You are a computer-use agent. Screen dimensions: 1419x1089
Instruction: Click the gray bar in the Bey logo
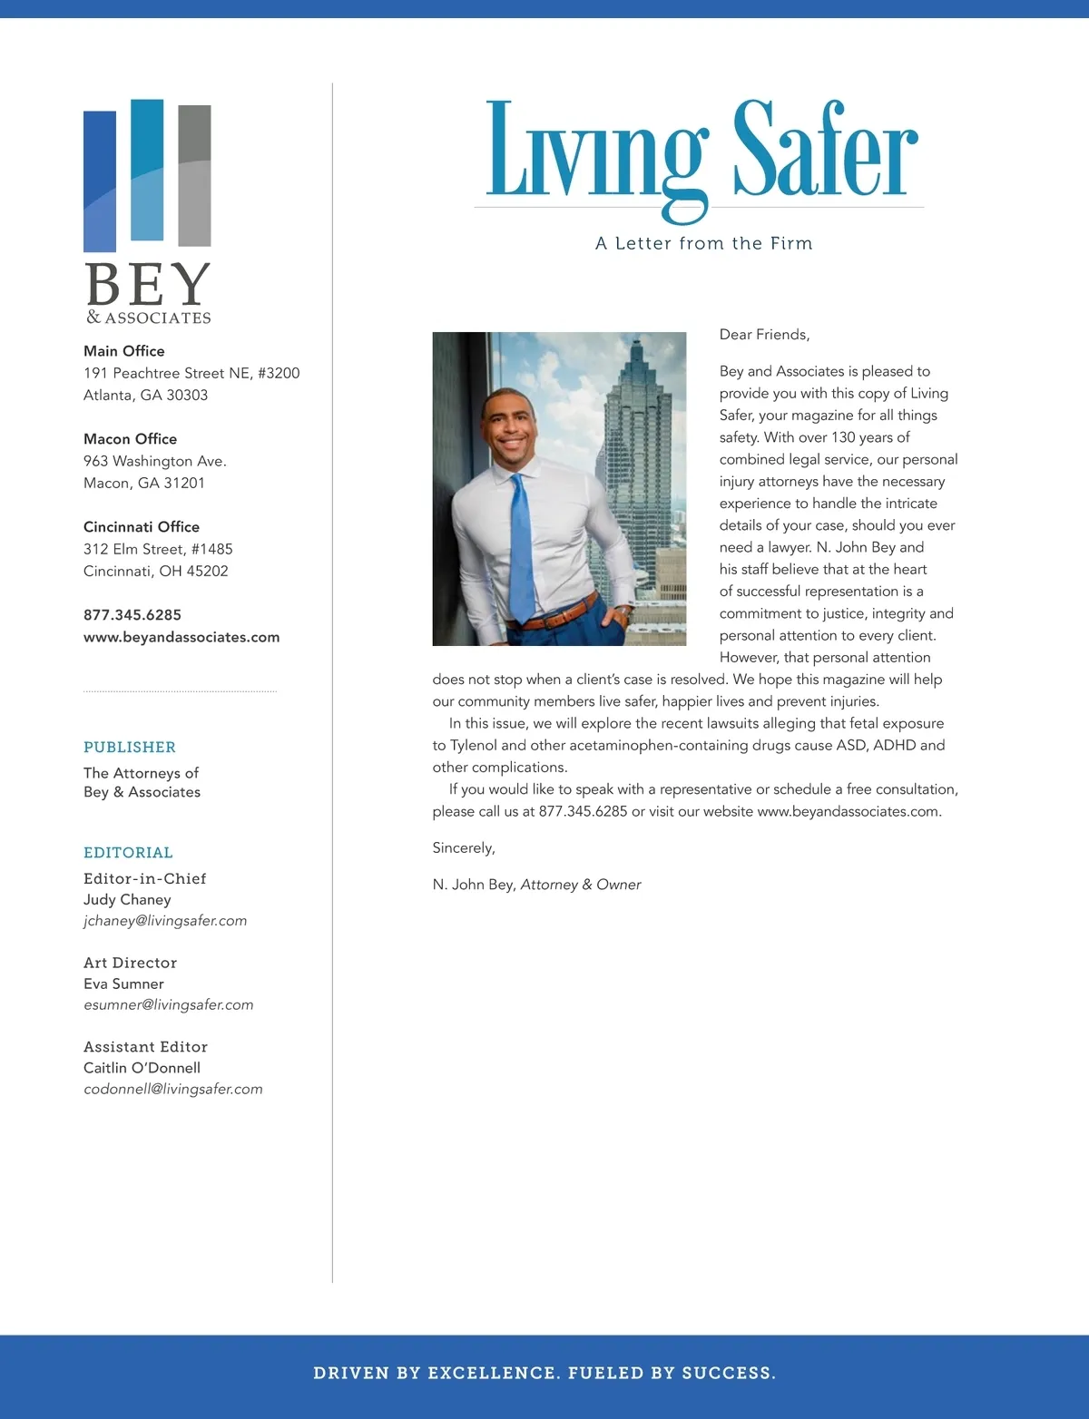(x=194, y=175)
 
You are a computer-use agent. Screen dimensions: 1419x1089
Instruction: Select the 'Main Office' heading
(x=124, y=351)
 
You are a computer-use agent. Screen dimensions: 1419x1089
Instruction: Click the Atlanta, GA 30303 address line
(x=145, y=396)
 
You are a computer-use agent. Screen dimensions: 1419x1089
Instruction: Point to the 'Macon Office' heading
(x=130, y=439)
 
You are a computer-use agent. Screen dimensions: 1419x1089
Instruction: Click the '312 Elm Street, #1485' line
(x=158, y=549)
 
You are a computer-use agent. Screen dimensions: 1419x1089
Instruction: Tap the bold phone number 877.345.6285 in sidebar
(x=132, y=615)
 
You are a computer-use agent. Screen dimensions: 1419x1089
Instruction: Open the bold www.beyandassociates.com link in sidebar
(x=181, y=637)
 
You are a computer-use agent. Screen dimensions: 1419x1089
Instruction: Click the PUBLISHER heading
(x=130, y=747)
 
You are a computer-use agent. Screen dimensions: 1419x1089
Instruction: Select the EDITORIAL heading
(x=128, y=852)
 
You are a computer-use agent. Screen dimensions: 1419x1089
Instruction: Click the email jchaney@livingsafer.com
(x=165, y=921)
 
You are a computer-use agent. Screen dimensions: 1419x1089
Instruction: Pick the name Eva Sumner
(x=123, y=984)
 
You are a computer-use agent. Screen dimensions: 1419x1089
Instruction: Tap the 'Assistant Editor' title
(x=145, y=1047)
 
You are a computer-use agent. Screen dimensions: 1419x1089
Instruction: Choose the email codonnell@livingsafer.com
(x=173, y=1089)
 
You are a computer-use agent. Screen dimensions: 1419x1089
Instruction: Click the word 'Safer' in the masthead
(x=825, y=150)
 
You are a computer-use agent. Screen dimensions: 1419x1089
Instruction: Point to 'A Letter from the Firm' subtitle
(x=703, y=243)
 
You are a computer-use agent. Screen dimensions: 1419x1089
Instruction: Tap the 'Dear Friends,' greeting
(x=764, y=335)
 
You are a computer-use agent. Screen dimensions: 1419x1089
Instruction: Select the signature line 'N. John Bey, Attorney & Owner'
(x=536, y=885)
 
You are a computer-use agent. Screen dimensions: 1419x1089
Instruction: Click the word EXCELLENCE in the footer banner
(x=492, y=1373)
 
